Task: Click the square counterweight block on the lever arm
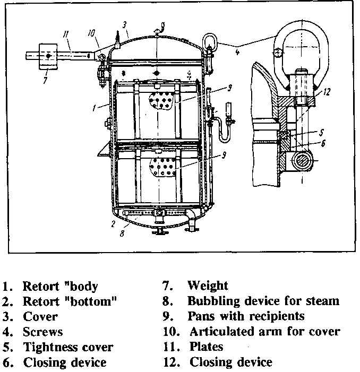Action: click(48, 55)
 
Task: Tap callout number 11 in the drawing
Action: click(65, 34)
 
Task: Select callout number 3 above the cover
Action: click(124, 24)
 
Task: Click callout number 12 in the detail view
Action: click(327, 91)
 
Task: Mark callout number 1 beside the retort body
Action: click(93, 108)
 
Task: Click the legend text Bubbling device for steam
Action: click(263, 301)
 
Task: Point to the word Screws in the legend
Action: click(42, 332)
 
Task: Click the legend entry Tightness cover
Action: click(68, 348)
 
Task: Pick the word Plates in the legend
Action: click(206, 348)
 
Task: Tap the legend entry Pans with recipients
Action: click(246, 317)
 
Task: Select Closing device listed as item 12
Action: click(230, 363)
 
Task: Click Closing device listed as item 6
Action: click(64, 363)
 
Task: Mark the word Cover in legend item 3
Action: click(40, 317)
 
